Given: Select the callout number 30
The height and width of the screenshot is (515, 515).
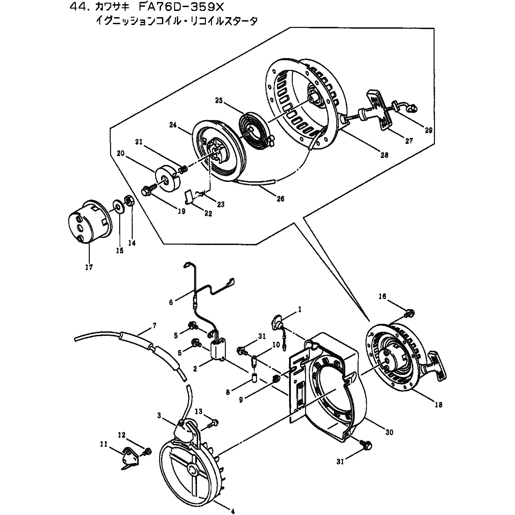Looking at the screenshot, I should click(x=389, y=432).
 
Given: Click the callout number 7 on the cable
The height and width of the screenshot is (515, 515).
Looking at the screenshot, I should click(x=154, y=325).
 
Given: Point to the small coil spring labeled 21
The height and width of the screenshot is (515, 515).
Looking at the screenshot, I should click(x=183, y=169).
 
